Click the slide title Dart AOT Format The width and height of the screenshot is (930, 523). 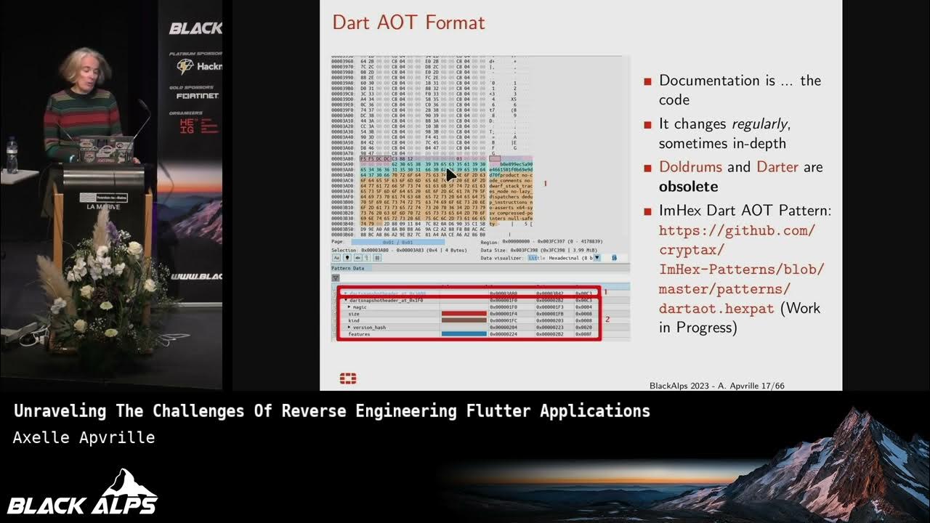pyautogui.click(x=408, y=23)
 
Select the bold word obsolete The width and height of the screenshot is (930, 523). pyautogui.click(x=688, y=187)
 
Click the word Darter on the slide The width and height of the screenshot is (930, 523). pyautogui.click(x=777, y=167)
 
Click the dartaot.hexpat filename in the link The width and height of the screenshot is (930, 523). pyautogui.click(x=716, y=308)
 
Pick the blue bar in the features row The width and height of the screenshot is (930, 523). pyautogui.click(x=464, y=334)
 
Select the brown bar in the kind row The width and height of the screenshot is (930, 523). pyautogui.click(x=464, y=320)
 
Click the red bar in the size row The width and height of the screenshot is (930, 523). pyautogui.click(x=464, y=314)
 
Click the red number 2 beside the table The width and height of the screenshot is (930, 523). pyautogui.click(x=608, y=320)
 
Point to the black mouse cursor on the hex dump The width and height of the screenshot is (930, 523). pyautogui.click(x=451, y=174)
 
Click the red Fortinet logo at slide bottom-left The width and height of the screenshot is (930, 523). pyautogui.click(x=348, y=378)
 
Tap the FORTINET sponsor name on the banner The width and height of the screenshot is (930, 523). pyautogui.click(x=197, y=96)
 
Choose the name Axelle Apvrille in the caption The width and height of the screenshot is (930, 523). pyautogui.click(x=84, y=437)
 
